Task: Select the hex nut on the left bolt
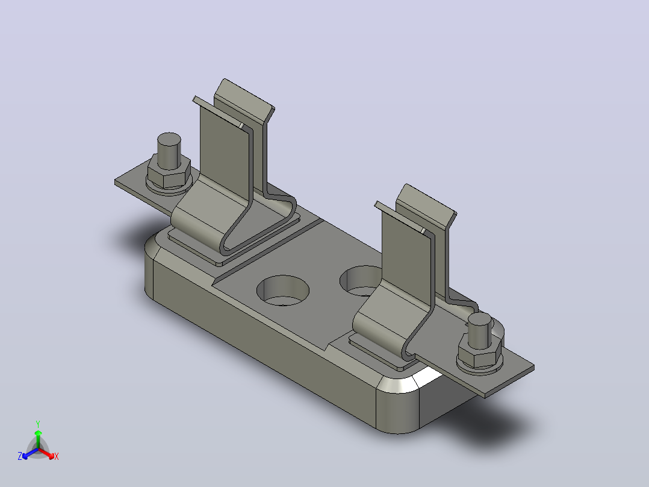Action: click(169, 171)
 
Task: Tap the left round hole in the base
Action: click(283, 290)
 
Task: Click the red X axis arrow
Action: click(46, 453)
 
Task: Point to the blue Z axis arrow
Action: click(30, 453)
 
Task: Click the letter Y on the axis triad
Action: click(38, 424)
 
